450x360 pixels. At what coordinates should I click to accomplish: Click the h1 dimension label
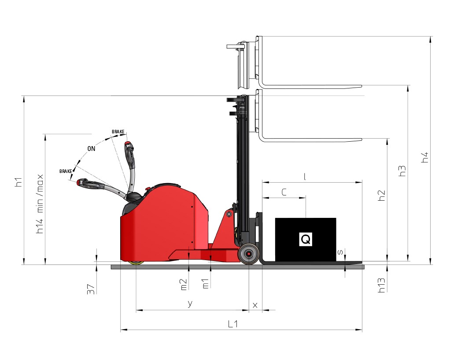[x=18, y=182]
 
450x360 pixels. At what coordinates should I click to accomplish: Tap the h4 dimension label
[x=425, y=158]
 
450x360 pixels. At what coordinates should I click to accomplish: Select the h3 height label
[x=402, y=171]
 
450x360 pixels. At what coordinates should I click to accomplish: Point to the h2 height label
[x=381, y=196]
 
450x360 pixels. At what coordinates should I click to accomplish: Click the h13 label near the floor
[x=381, y=286]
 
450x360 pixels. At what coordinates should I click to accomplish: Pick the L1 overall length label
[x=233, y=324]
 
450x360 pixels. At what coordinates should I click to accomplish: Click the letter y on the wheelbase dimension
[x=190, y=304]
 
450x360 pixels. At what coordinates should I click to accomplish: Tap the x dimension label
[x=255, y=305]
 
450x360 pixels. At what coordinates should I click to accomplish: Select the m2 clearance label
[x=184, y=285]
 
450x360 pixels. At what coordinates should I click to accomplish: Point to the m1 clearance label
[x=206, y=284]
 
